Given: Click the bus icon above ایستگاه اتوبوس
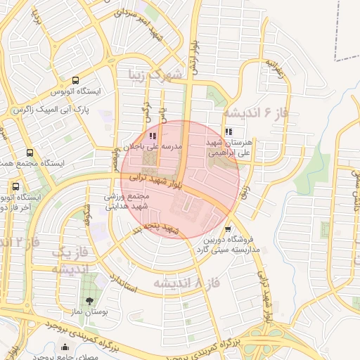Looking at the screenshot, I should pos(76,80).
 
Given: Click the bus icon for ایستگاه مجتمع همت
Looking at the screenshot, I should pos(30,153).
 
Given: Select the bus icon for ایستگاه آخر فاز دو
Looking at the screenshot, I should pos(15,187).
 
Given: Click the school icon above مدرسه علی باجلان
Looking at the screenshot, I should pos(153,136).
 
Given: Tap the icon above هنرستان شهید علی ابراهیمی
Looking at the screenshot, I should pos(229,131).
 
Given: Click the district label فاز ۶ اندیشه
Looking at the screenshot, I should pos(257,112).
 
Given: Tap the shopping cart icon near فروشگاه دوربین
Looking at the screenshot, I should pos(227,229).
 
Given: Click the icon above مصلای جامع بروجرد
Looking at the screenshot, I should pos(66,347).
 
